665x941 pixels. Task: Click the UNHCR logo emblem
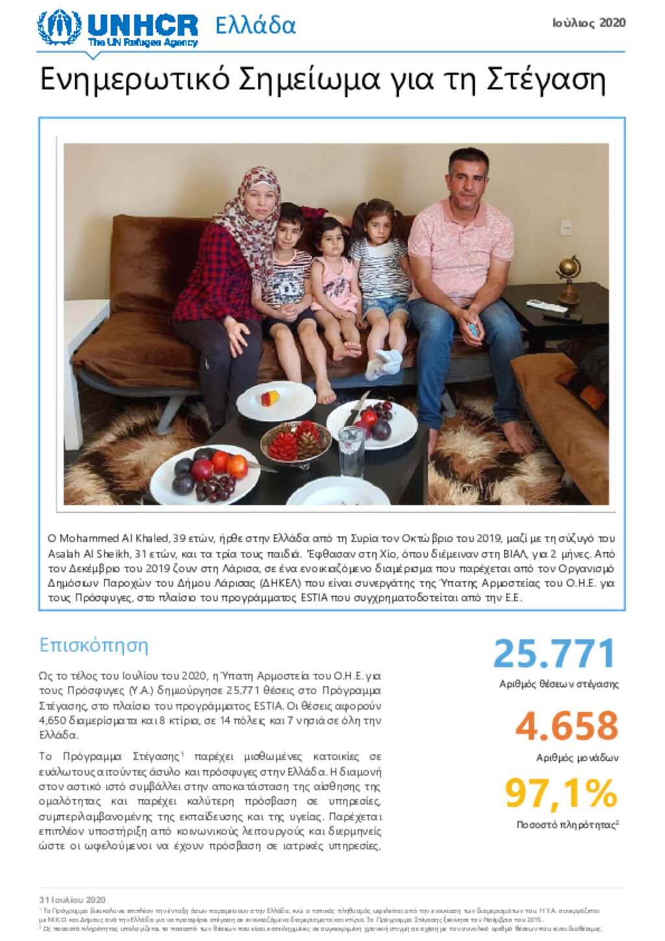58,28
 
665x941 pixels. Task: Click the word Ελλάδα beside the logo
255,26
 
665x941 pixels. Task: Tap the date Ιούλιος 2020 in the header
589,23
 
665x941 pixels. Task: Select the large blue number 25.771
554,653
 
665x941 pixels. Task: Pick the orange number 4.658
566,726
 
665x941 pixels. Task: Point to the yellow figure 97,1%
561,793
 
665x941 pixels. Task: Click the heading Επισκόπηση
94,646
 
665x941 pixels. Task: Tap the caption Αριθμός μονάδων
577,758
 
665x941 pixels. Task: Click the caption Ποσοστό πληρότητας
566,825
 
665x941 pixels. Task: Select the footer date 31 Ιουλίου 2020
72,900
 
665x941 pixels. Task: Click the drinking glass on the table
351,452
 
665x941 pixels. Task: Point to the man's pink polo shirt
460,250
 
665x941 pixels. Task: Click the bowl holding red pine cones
295,443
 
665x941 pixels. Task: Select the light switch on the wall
565,227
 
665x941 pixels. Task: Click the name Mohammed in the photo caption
90,538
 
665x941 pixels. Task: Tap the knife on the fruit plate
357,407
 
